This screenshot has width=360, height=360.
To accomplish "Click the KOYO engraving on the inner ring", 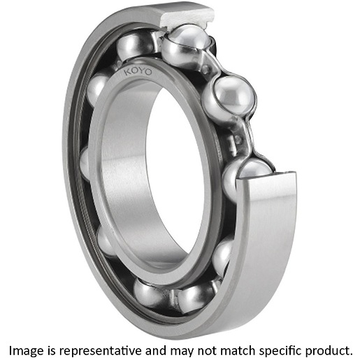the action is click(138, 71).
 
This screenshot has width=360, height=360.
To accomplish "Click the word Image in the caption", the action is click(26, 350).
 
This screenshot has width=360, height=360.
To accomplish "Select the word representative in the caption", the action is click(100, 351).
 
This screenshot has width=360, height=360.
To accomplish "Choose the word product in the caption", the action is click(328, 351).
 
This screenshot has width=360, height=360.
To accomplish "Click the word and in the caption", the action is click(156, 350).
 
